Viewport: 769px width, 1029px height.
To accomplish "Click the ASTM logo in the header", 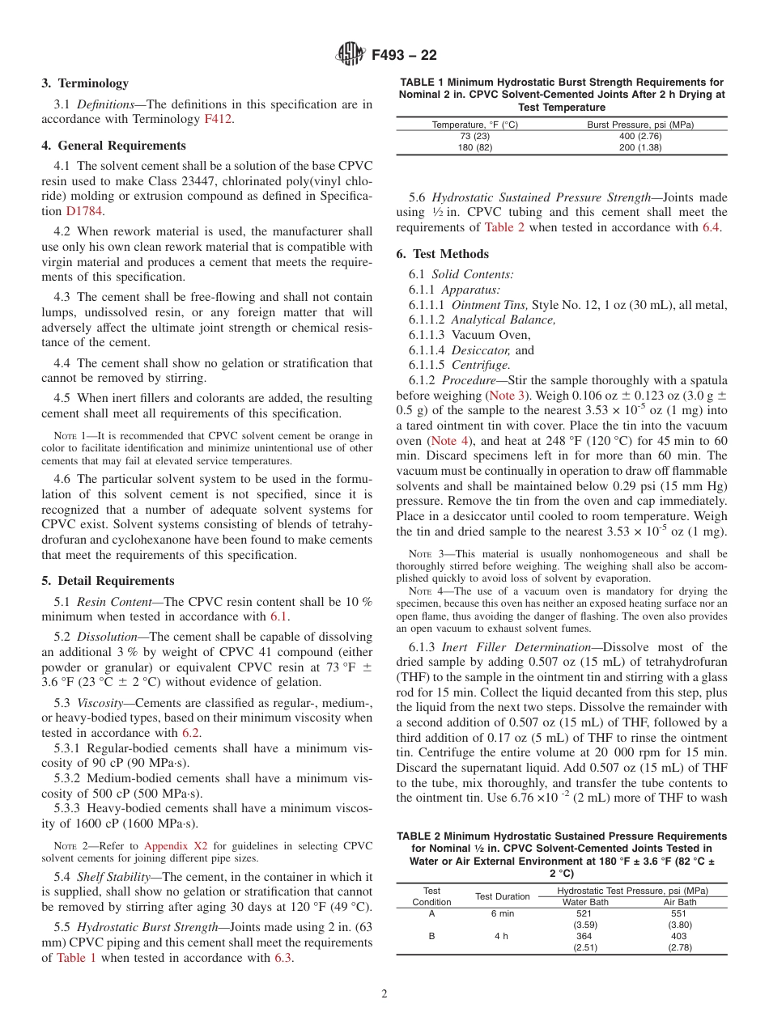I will (x=351, y=55).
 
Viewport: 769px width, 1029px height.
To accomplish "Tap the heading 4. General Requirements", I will (x=114, y=146).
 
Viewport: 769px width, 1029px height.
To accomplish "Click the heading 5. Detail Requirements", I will (x=108, y=581).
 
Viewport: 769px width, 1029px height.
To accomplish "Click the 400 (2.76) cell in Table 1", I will (x=639, y=136).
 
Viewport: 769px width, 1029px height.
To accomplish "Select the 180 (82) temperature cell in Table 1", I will (x=475, y=147).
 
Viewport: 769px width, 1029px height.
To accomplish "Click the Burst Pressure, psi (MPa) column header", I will (x=639, y=125).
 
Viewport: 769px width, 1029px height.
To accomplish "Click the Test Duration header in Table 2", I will (x=502, y=896).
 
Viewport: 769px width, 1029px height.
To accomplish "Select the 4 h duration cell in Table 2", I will (x=501, y=936).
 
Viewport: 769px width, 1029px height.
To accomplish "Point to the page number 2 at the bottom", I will (x=384, y=993).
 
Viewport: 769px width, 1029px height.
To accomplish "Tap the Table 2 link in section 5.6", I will (x=504, y=227).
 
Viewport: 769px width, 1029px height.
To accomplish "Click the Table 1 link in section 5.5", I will (x=76, y=958).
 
